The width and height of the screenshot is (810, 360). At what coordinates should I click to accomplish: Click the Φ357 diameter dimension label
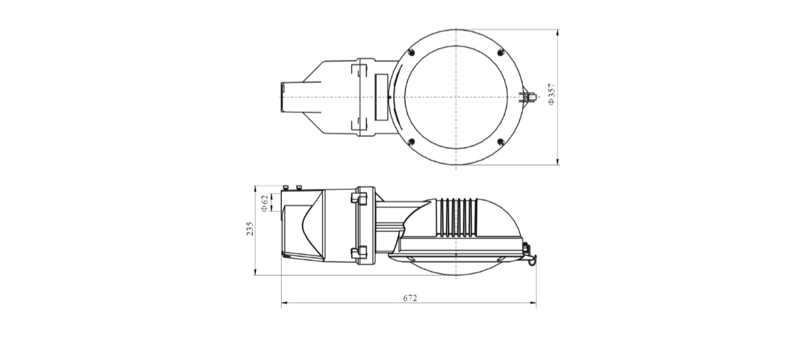552,94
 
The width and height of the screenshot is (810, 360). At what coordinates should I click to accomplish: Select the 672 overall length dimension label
410,298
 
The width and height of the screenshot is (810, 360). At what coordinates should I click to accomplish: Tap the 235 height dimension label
250,229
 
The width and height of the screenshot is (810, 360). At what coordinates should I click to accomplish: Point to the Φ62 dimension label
264,203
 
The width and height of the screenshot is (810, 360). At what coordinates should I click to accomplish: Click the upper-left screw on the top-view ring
411,52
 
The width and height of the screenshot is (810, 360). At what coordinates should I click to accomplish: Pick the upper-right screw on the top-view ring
500,52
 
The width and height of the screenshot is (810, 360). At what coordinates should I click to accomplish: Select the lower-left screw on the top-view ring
411,142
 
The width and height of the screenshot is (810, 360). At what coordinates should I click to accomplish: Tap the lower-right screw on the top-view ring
500,142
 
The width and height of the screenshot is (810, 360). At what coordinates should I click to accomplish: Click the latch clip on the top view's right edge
528,97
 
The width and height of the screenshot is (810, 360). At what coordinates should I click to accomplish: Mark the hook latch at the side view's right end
530,255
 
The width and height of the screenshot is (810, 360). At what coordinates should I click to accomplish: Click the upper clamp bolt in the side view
359,199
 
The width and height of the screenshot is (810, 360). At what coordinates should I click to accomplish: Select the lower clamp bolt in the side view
359,253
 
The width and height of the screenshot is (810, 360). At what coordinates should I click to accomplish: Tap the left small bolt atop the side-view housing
286,188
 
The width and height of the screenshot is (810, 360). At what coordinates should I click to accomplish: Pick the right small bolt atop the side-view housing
298,188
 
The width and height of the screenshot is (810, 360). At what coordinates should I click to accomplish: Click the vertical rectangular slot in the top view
381,97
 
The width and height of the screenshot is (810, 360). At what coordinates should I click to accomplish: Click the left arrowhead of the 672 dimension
285,303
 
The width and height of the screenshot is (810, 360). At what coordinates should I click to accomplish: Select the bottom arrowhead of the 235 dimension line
255,271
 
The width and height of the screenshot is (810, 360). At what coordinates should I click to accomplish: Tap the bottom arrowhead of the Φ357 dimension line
558,161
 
